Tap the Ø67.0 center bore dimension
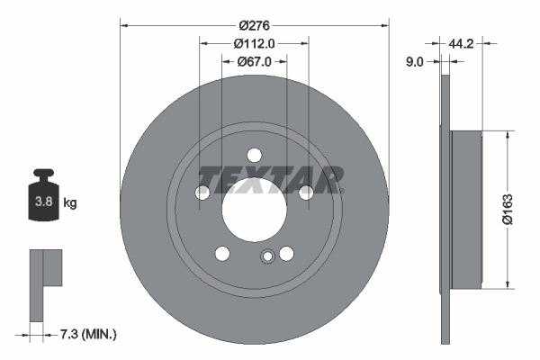tap(255, 61)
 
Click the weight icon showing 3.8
tap(42, 199)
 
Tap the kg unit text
tap(70, 203)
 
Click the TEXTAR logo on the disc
tap(270, 179)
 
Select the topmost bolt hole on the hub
tap(255, 153)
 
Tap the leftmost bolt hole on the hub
tap(203, 192)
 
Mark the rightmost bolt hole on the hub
tap(306, 192)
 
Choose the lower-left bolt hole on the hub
tap(222, 253)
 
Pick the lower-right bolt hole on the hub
tap(286, 253)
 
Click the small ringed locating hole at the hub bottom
tap(266, 258)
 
